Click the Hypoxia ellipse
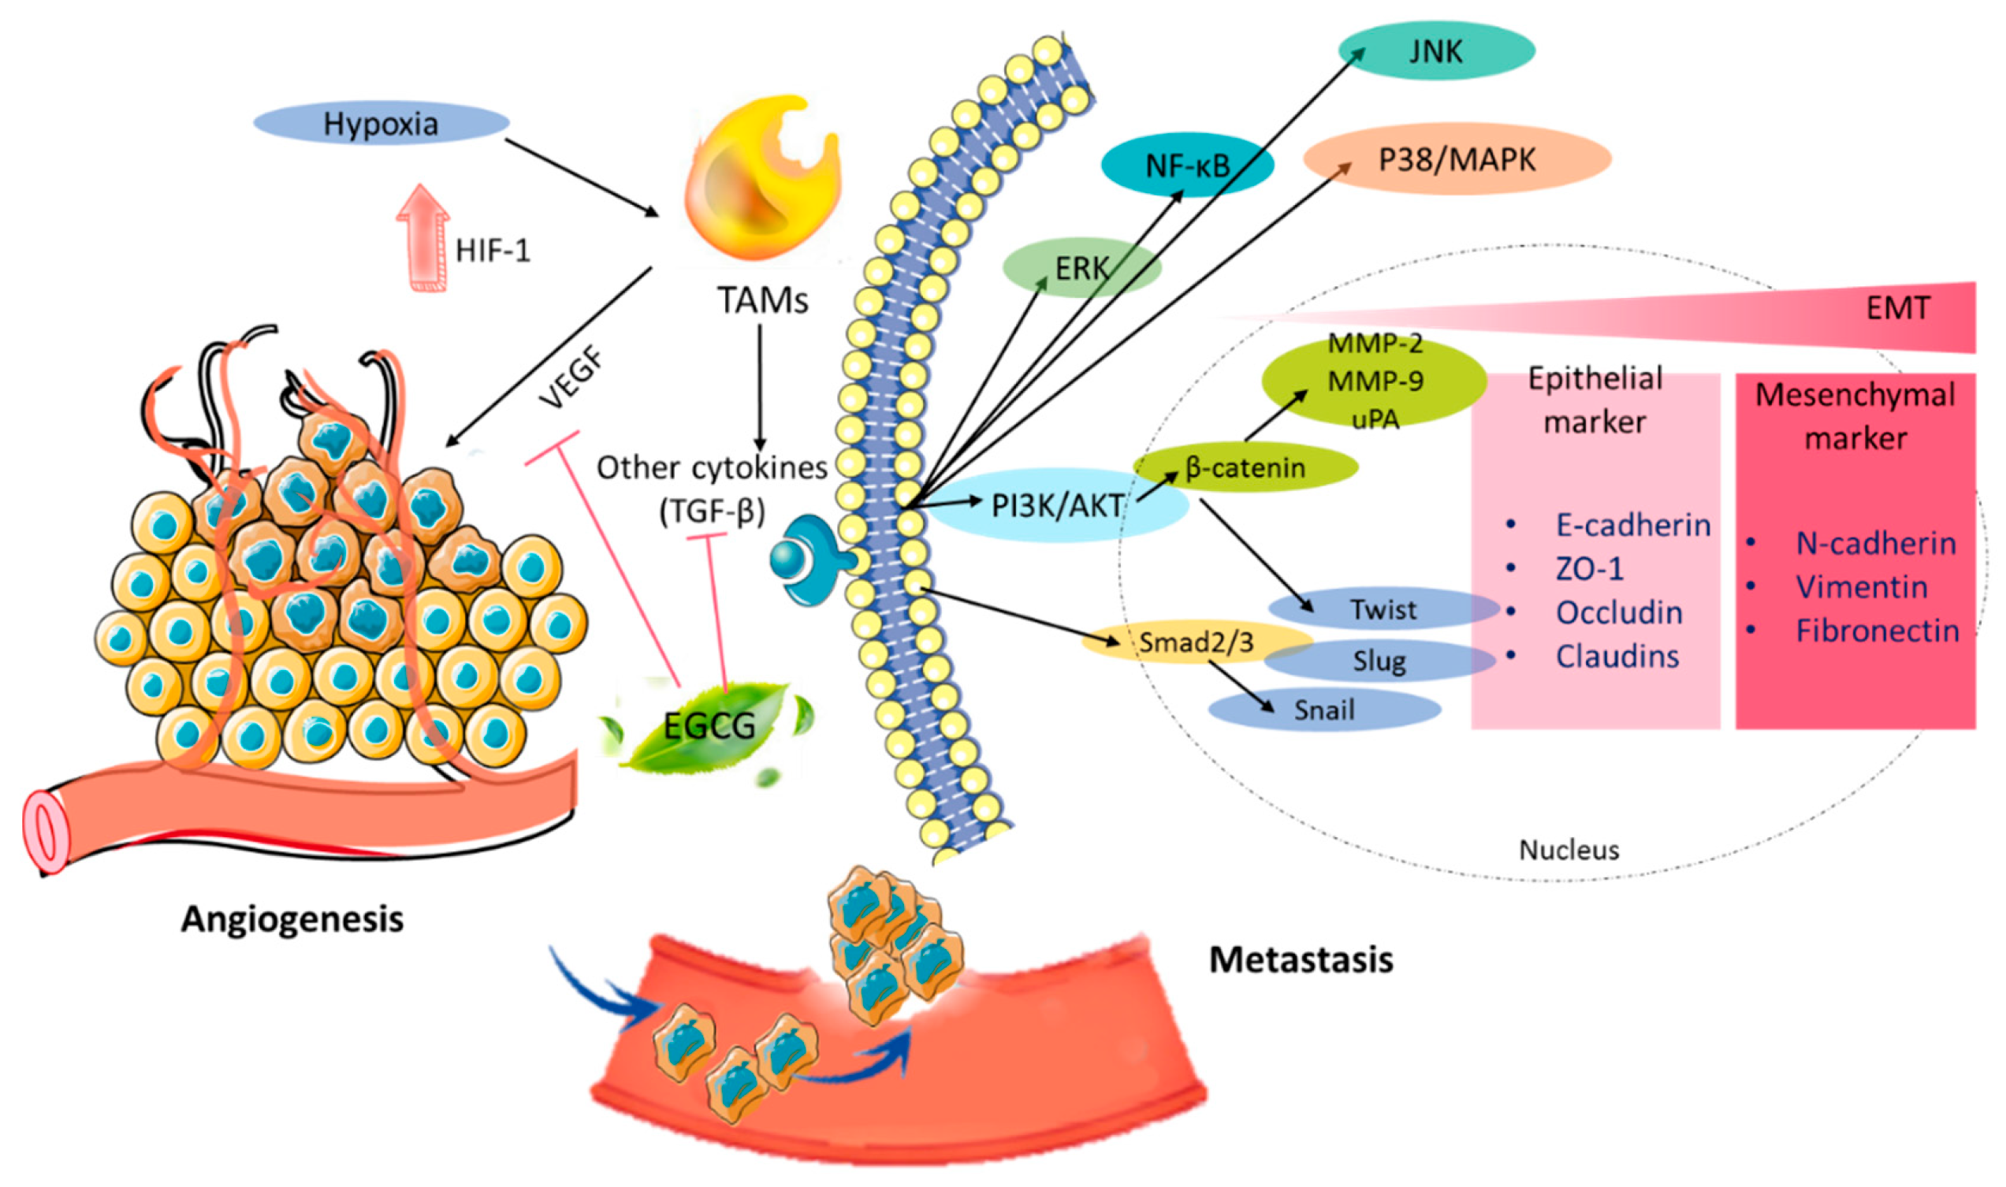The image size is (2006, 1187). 381,123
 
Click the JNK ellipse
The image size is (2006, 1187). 1436,50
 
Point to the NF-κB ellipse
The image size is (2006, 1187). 1187,165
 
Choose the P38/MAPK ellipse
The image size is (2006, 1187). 1456,158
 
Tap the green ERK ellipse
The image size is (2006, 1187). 1081,268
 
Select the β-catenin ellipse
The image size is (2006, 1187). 1245,467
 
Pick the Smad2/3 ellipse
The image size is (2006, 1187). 1196,642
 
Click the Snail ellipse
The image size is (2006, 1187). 1324,709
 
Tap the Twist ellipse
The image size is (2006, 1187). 1384,608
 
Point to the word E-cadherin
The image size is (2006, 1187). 1632,525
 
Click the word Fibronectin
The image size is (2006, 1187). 1877,631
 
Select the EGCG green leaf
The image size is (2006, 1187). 709,726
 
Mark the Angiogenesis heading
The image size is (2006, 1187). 292,918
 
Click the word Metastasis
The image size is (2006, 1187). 1301,959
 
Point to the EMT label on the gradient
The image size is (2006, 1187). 1897,308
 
